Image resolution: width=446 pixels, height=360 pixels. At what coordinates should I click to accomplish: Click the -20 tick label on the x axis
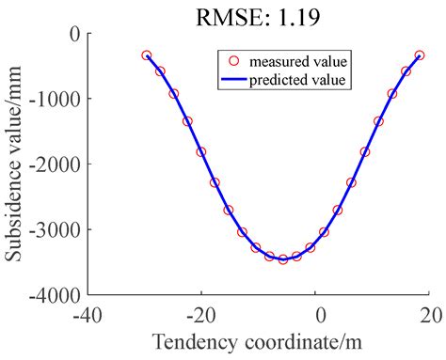coord(202,311)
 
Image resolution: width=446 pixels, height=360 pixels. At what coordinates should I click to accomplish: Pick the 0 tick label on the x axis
coord(318,311)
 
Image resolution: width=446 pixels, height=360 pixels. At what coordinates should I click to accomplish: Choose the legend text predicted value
coord(299,80)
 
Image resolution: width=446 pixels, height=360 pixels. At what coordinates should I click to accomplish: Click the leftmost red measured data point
coord(146,55)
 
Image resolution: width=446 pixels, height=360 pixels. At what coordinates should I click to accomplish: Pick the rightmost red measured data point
coord(420,55)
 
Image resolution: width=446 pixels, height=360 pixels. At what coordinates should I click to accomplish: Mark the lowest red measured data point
coord(282,259)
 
